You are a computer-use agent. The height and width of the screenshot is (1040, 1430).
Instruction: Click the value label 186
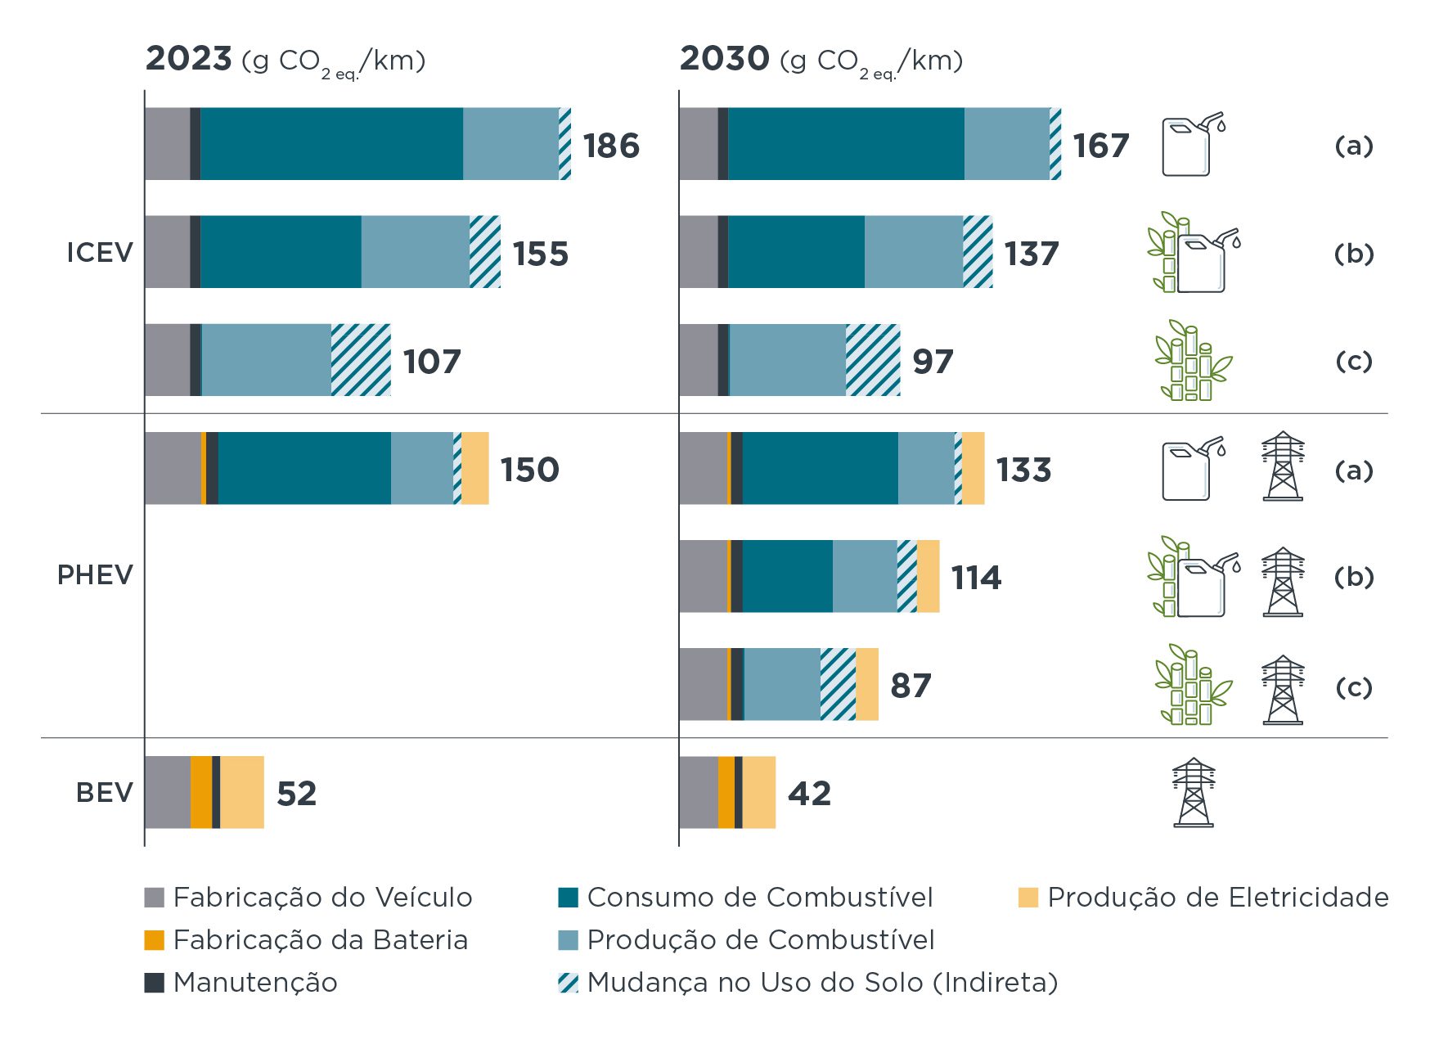pos(611,146)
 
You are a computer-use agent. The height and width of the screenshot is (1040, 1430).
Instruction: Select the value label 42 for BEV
pos(809,793)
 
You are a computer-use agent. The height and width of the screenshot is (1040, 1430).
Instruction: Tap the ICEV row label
pos(100,253)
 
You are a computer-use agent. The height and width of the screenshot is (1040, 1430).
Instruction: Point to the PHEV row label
pos(95,575)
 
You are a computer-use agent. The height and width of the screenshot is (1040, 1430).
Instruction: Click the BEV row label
pos(104,793)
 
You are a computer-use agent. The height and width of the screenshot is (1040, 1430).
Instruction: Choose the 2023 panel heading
pos(285,60)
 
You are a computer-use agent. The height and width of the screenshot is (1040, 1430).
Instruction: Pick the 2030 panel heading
pos(821,60)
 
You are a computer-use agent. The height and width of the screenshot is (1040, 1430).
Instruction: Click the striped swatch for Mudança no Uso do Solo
pos(568,983)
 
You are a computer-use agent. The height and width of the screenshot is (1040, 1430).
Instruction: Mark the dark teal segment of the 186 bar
pos(331,144)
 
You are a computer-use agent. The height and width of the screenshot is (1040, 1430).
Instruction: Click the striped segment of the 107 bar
pos(361,360)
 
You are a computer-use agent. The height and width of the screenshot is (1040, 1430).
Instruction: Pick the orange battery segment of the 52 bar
pos(201,792)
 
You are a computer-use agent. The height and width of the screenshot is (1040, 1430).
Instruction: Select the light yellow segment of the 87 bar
pos(867,684)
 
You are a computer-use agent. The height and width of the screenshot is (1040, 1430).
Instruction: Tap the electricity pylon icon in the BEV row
pos(1194,792)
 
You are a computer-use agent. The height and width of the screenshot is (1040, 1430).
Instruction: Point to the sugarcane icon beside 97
pos(1193,361)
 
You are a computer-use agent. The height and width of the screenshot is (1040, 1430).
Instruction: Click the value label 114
pos(976,578)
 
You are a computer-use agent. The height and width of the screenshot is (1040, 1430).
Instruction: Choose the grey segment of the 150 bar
pos(173,468)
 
